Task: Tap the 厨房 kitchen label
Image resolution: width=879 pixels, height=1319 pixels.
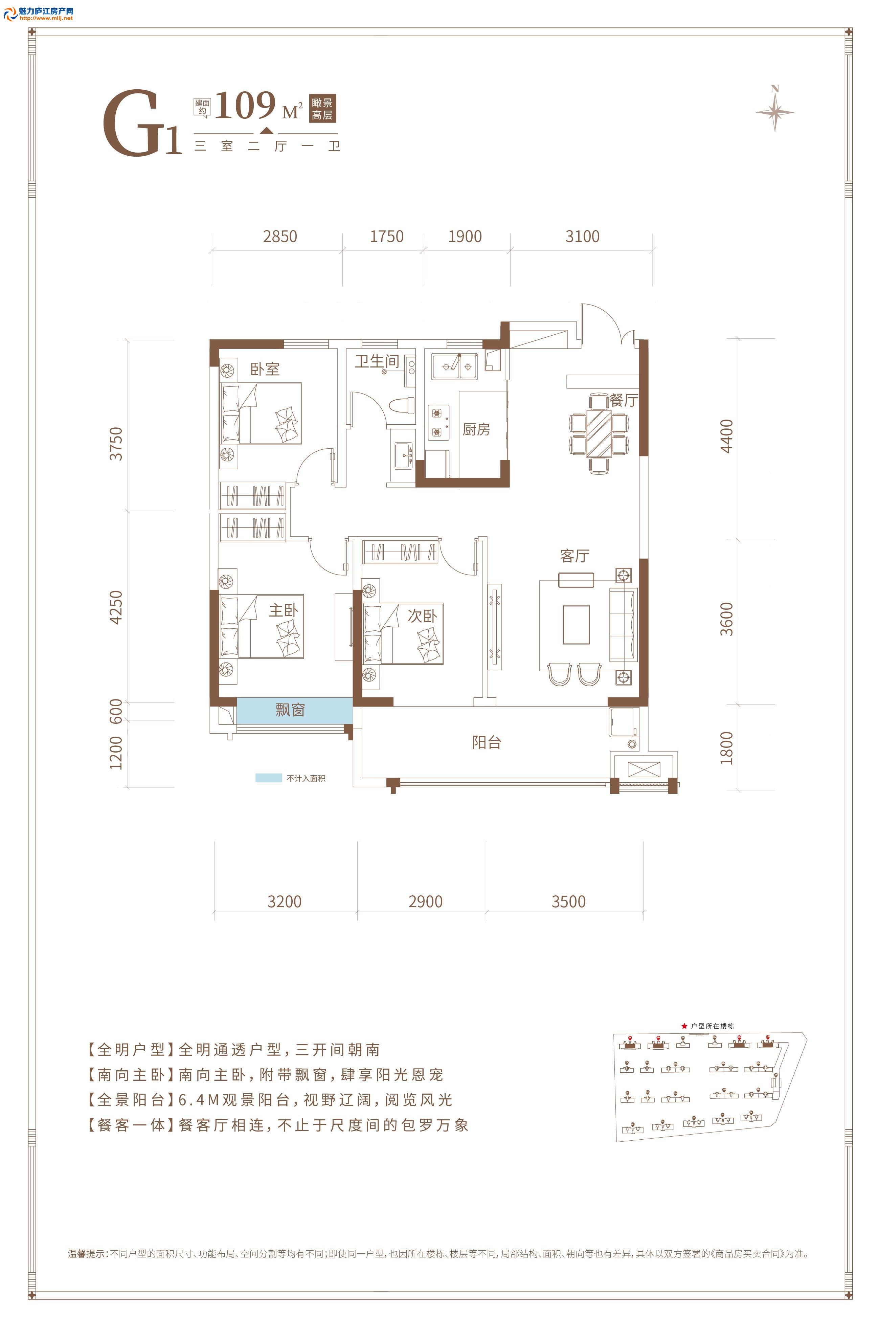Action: coord(476,429)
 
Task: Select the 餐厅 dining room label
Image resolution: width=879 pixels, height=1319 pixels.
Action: coord(623,400)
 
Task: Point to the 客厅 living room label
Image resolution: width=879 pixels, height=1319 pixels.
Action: coord(574,556)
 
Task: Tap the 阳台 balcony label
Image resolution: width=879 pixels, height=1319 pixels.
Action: coord(486,743)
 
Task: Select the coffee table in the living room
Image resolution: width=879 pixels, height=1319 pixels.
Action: coord(576,624)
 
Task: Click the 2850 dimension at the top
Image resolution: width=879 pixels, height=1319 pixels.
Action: coord(280,237)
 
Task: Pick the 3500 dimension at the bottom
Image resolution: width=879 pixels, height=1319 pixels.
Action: coord(568,901)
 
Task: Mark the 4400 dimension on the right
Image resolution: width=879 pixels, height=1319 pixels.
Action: coord(726,436)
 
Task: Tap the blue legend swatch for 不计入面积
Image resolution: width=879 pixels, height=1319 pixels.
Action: coord(269,778)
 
